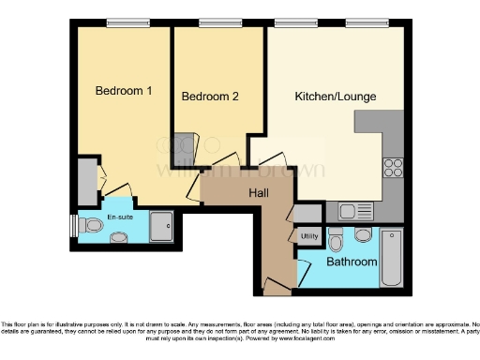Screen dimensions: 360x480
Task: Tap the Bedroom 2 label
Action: point(210,97)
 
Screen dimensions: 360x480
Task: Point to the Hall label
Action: point(260,192)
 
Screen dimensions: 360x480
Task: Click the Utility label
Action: point(309,236)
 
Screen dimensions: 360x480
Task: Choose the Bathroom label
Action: point(352,262)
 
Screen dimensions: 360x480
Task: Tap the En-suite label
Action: point(119,217)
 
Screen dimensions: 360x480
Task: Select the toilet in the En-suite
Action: point(91,226)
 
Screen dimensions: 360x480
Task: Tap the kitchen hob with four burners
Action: point(393,170)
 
